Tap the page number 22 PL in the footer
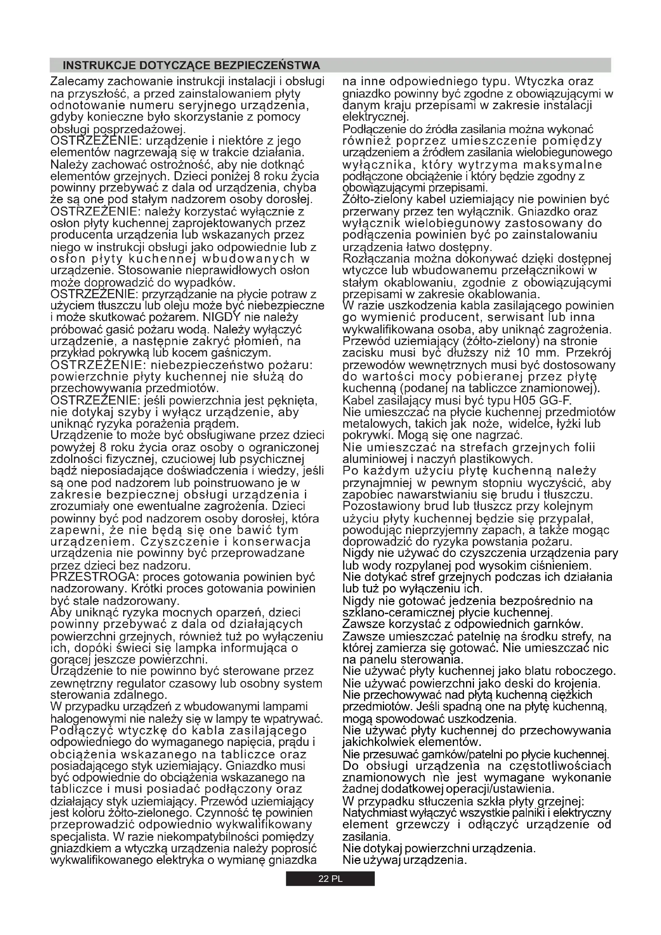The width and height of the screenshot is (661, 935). (330, 879)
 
